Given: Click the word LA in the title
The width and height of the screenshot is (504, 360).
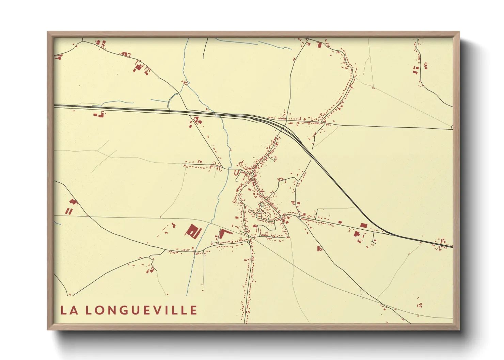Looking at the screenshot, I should point(68,310).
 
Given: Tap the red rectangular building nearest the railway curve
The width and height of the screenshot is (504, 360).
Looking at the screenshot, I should point(364,225).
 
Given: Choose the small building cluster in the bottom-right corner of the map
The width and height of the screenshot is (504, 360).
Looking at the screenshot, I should point(420,305).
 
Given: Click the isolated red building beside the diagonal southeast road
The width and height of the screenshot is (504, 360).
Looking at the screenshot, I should point(319,249).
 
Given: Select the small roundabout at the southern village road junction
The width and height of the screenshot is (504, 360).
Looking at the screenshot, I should point(250,240).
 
